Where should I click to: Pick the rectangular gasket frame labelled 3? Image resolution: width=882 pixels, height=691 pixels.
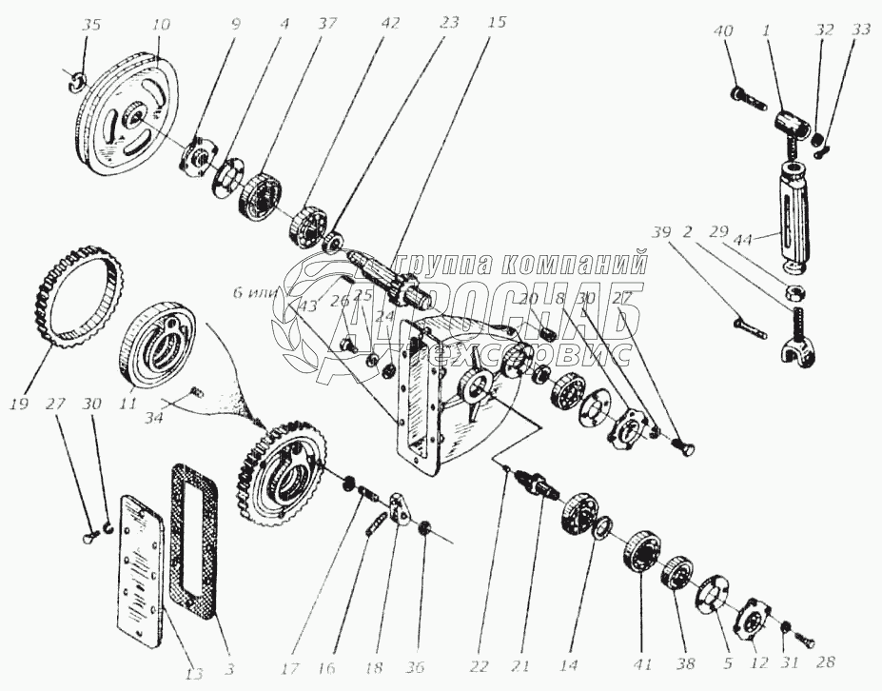(x=200, y=542)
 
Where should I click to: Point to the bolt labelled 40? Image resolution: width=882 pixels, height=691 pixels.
(x=747, y=95)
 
